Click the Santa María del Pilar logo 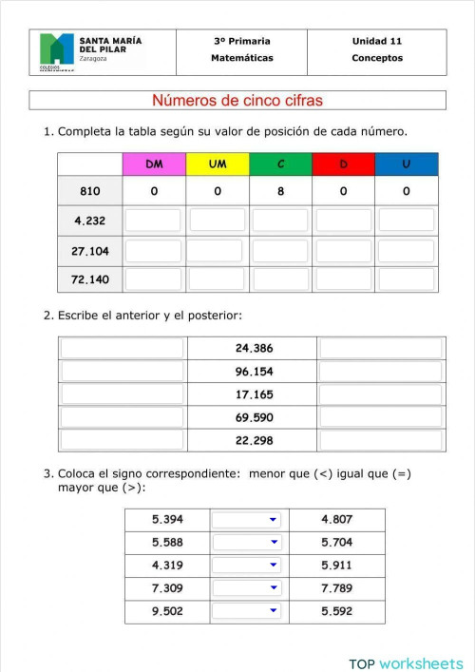coord(56,51)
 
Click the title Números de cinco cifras coord(237,101)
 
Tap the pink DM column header coord(154,164)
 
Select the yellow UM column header coord(218,164)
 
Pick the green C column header coord(280,164)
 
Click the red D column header coord(343,164)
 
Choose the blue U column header coord(407,164)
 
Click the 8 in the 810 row coord(280,191)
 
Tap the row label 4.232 coord(90,221)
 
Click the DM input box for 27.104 coord(154,251)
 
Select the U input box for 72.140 coord(407,280)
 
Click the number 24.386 coord(254,348)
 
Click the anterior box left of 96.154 coord(123,372)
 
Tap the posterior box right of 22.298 coord(381,440)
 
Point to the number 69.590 coord(254,417)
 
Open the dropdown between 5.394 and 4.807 coord(247,520)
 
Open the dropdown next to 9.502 coord(247,611)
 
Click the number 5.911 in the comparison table coord(336,566)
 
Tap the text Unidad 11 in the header coord(377,41)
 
